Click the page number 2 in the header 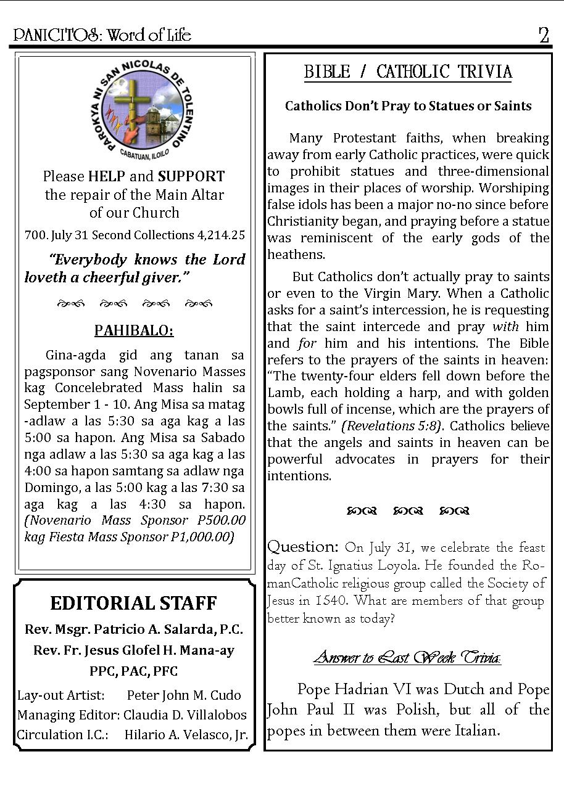tap(543, 35)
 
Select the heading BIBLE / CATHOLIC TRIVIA tap(408, 72)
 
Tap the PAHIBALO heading tap(134, 331)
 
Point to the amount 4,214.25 tap(221, 235)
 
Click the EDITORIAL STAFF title tap(134, 603)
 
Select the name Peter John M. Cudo tap(184, 695)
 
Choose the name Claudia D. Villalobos tap(185, 715)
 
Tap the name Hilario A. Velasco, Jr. tap(186, 735)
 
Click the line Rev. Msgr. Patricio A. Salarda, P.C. tap(134, 630)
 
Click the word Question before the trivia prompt tap(303, 547)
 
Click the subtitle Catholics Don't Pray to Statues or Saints tap(408, 106)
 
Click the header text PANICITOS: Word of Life tap(102, 35)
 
